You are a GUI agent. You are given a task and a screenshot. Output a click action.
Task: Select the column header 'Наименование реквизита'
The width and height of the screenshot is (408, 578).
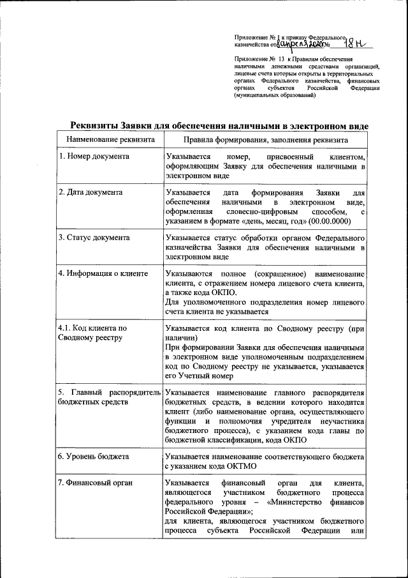tap(110, 139)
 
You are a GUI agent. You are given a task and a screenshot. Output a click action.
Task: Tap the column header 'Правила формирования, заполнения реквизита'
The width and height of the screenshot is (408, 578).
tap(265, 139)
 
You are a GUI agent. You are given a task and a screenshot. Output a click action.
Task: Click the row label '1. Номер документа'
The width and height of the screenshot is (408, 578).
tap(94, 156)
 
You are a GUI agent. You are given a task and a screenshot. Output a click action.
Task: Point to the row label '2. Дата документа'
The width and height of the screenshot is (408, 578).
tap(91, 192)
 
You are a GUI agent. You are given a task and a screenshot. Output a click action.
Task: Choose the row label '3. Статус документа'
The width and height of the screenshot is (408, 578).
tap(94, 238)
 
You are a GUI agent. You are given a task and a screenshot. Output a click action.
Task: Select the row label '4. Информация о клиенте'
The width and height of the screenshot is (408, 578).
tap(103, 273)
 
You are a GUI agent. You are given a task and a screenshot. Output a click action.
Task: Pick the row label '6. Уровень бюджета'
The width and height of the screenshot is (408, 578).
tap(94, 457)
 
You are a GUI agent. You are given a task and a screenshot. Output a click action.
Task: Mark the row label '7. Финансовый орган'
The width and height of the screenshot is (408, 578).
tap(95, 483)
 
